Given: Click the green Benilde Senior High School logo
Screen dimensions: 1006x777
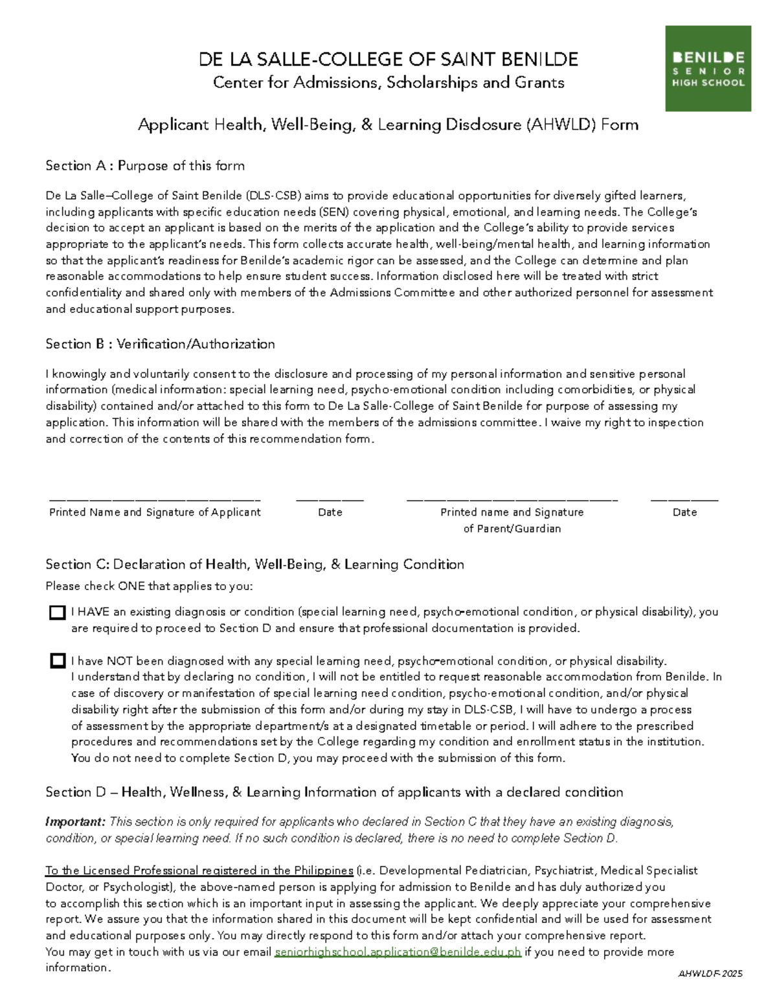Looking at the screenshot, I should (708, 69).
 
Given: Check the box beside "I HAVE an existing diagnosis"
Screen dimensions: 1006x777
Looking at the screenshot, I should (58, 613).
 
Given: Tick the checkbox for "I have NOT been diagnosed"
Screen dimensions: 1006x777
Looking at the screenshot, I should (58, 661).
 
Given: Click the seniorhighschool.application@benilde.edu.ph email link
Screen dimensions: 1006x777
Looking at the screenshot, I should (398, 952).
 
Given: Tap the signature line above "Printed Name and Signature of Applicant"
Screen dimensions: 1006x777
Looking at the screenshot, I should (155, 499).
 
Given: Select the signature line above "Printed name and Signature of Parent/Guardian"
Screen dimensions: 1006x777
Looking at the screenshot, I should (512, 499).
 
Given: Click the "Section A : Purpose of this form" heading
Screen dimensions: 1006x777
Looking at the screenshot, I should (145, 166).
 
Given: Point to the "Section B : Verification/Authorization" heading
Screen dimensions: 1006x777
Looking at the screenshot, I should (160, 344).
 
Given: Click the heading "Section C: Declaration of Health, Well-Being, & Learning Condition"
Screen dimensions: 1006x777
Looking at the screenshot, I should (254, 564).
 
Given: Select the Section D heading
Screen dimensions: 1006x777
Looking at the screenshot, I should (334, 792).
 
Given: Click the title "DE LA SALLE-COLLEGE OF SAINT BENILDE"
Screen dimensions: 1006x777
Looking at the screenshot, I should (388, 60).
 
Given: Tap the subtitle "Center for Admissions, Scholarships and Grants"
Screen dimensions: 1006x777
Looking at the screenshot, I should (388, 83).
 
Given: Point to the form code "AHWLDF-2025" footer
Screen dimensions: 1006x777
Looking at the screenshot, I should (710, 974).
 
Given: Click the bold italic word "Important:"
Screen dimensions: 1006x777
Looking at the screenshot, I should (75, 822).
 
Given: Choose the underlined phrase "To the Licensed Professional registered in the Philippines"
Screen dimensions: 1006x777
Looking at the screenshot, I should (199, 871).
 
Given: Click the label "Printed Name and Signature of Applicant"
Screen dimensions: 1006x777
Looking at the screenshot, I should (155, 512).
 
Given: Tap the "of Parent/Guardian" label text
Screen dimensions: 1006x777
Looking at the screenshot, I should (512, 529).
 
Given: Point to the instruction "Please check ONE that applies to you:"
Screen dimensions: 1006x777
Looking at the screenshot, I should (149, 586).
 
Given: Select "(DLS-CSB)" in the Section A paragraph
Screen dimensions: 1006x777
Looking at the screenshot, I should (274, 196).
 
